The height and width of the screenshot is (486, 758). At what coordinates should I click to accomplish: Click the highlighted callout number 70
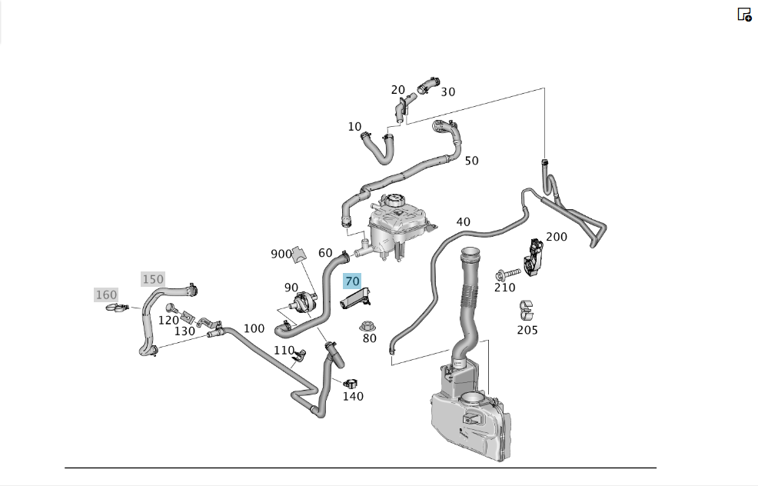[x=352, y=281]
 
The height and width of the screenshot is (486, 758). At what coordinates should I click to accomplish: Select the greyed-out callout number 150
[x=153, y=279]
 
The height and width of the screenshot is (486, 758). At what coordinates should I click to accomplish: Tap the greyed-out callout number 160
[x=106, y=295]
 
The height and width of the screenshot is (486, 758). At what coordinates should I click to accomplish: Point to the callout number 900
[x=281, y=254]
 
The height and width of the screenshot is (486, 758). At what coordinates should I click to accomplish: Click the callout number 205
[x=527, y=330]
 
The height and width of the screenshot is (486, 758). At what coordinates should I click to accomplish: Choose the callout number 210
[x=504, y=288]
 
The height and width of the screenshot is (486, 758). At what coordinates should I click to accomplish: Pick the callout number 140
[x=353, y=396]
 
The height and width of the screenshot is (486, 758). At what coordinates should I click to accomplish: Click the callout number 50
[x=472, y=161]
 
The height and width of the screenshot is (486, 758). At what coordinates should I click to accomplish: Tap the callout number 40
[x=463, y=222]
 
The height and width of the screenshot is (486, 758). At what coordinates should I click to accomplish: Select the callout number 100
[x=254, y=328]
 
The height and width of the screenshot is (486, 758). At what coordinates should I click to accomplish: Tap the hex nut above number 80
[x=368, y=326]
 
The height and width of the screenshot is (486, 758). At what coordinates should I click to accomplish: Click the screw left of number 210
[x=507, y=275]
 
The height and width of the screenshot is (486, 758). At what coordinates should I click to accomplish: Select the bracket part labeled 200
[x=533, y=258]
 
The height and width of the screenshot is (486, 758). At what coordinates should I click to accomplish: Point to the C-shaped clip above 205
[x=526, y=311]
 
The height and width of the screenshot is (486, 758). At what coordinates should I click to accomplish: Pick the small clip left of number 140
[x=350, y=383]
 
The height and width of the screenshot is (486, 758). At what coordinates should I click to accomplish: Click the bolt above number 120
[x=171, y=308]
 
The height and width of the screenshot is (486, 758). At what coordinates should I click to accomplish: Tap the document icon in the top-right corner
[x=744, y=15]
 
